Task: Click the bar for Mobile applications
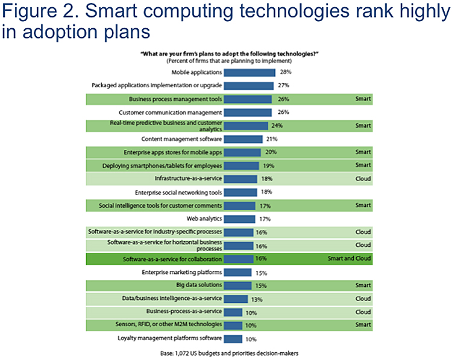[250, 72]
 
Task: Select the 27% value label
[283, 85]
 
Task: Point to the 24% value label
[277, 126]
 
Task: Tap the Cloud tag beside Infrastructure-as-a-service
[363, 179]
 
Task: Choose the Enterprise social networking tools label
[171, 192]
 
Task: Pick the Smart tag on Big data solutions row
[363, 285]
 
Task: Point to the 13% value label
[256, 299]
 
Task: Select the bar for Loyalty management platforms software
[234, 338]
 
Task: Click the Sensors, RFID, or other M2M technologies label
[163, 325]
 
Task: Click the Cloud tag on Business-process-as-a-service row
[363, 312]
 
